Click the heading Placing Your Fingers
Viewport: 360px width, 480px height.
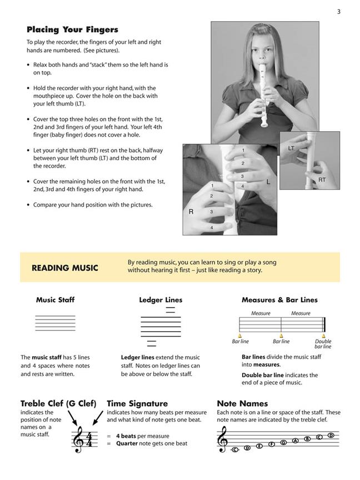(x=72, y=29)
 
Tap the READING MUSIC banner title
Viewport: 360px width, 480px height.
(x=64, y=268)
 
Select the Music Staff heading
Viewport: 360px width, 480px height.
(x=55, y=300)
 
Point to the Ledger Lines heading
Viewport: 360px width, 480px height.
(x=161, y=300)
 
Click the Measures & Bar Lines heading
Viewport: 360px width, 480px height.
(x=279, y=300)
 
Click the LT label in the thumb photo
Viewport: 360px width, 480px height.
(x=291, y=149)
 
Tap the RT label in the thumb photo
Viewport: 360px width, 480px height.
(x=322, y=180)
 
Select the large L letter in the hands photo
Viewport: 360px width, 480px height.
(x=268, y=182)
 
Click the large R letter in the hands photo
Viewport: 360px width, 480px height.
(x=191, y=212)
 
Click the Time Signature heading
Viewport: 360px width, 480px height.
(x=137, y=404)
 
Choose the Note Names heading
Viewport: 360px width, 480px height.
(x=242, y=404)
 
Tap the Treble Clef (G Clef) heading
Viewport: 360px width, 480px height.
(x=58, y=404)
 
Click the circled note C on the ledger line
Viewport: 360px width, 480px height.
(x=235, y=449)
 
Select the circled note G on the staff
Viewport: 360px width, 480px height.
(x=283, y=442)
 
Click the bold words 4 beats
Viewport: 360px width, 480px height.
(x=127, y=436)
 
